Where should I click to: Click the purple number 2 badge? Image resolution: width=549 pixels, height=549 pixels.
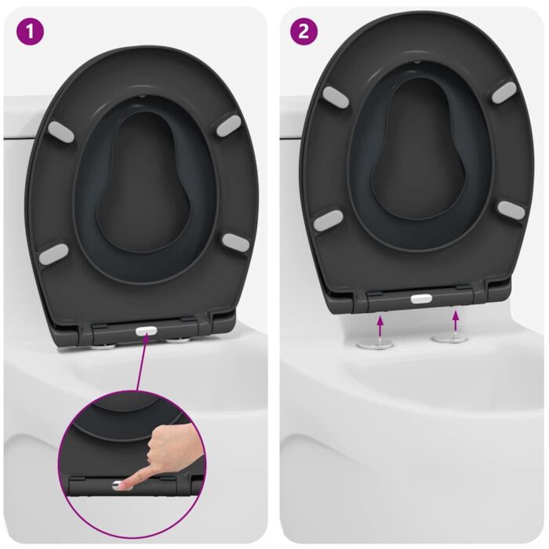coord(304,32)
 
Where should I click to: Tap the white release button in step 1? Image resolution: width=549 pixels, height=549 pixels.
coord(144,332)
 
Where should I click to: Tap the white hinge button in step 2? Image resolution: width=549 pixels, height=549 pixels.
coord(421,300)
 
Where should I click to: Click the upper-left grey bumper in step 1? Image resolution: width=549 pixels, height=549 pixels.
coord(61,132)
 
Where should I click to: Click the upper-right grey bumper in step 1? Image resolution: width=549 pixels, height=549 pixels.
coord(228,124)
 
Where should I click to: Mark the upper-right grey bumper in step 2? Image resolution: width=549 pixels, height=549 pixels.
coord(504,92)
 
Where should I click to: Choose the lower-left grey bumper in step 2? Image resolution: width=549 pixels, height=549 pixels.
coord(327,220)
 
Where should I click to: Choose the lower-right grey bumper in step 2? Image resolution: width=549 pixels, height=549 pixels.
coord(511,209)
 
